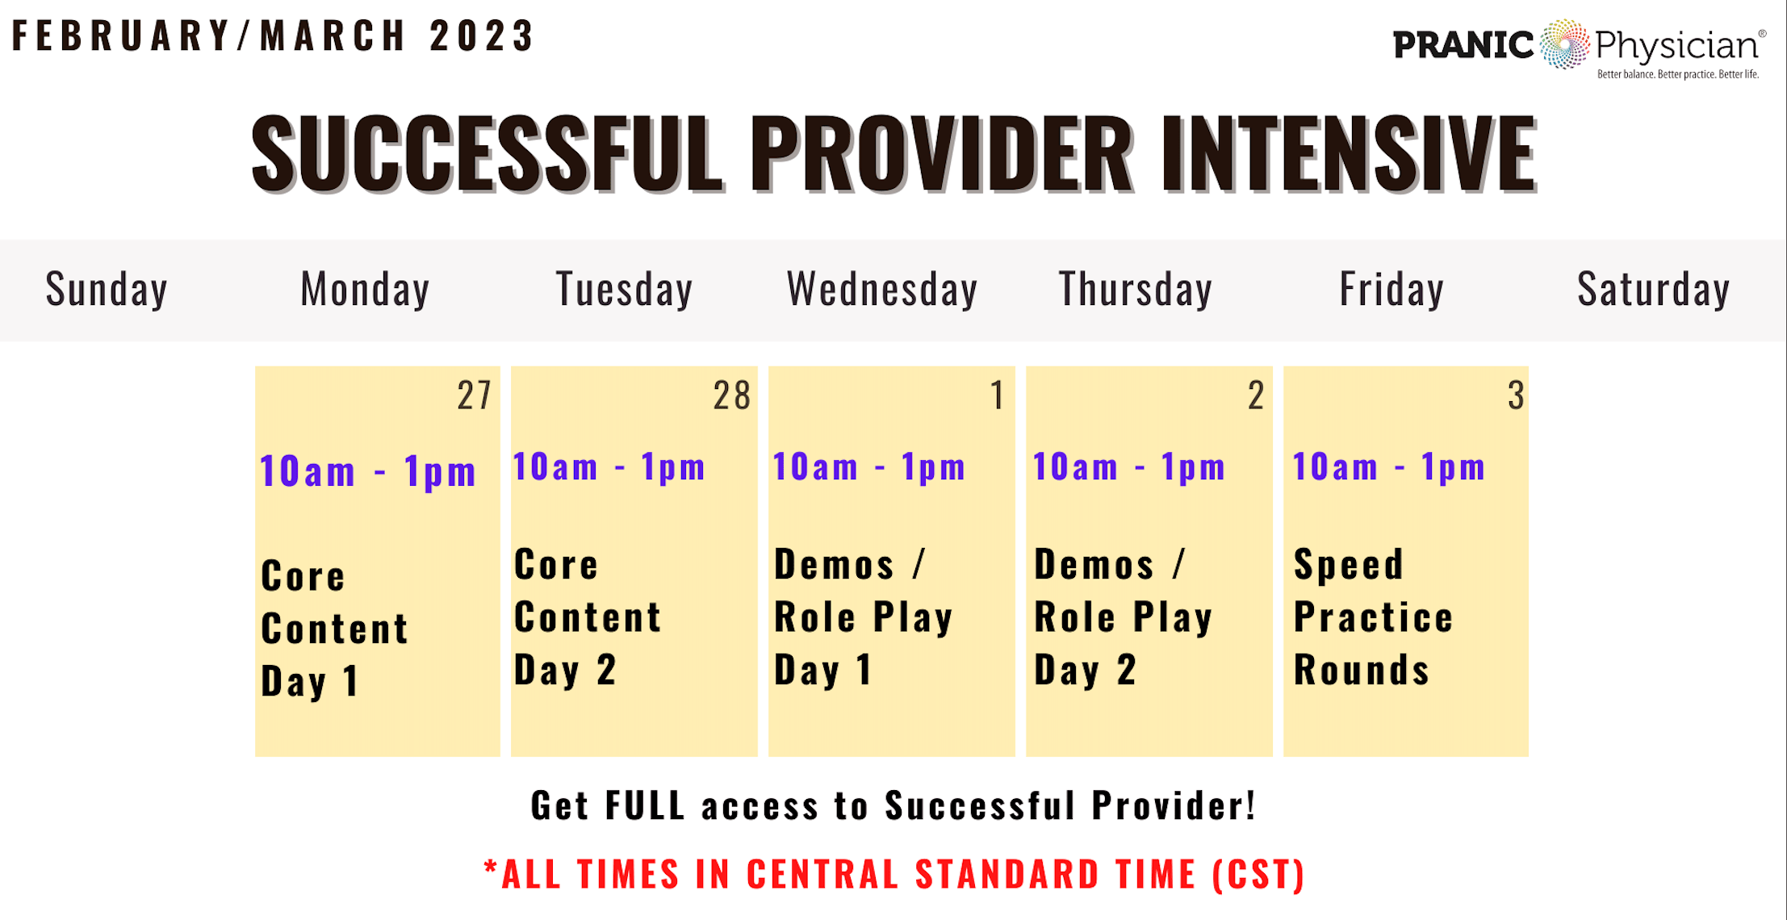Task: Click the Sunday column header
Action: tap(107, 290)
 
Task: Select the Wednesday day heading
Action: tap(882, 290)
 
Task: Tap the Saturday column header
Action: tap(1654, 290)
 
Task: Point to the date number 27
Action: tap(474, 395)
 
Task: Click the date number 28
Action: tap(731, 395)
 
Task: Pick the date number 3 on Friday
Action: tap(1516, 395)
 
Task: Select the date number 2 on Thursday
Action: tap(1256, 395)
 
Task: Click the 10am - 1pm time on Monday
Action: tap(367, 471)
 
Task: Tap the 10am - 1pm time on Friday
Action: tap(1388, 467)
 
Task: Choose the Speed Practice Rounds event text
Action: tap(1373, 617)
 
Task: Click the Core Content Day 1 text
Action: tap(334, 629)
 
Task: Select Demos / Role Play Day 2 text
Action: tap(1123, 617)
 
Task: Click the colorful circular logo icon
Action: tap(1564, 44)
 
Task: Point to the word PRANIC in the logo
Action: tap(1463, 45)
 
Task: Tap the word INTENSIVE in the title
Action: tap(1350, 153)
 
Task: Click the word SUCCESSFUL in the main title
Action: tap(488, 153)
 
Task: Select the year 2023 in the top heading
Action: tap(481, 36)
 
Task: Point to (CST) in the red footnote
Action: tap(1258, 875)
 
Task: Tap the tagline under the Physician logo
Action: tap(1678, 74)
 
